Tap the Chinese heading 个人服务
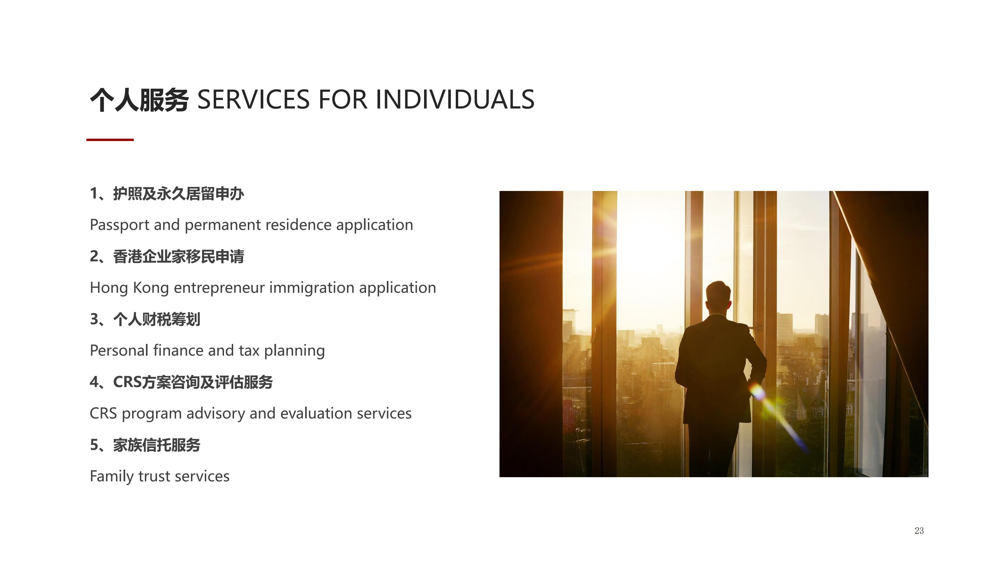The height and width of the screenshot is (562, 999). pos(139,100)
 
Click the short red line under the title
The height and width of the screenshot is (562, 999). pos(110,140)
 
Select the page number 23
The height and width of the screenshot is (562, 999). pos(919,531)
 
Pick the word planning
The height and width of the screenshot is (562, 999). pos(294,351)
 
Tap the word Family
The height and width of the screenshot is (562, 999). pos(112,477)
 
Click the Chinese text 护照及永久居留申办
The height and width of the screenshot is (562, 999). pos(178,194)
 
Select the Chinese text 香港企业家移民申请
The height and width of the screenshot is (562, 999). pos(178,256)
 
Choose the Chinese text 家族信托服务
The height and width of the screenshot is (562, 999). pos(157,445)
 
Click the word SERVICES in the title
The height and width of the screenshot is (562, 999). pos(254,99)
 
